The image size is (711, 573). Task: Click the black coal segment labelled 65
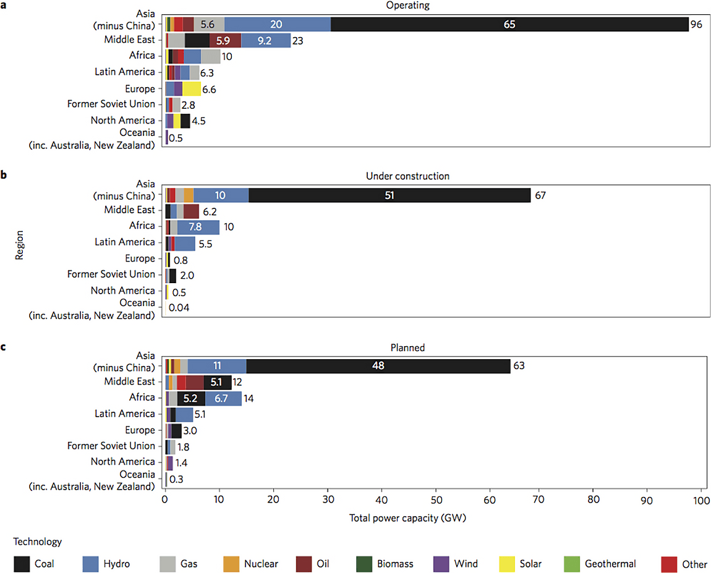(x=509, y=25)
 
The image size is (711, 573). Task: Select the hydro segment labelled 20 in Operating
(x=277, y=25)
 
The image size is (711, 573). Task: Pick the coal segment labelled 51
(x=389, y=195)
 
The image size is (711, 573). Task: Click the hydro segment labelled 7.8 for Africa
(x=198, y=227)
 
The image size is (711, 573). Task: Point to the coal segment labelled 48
(x=378, y=366)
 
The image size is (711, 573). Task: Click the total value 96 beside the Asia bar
(x=697, y=25)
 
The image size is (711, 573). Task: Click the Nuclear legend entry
(x=261, y=564)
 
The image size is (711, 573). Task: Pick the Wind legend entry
(x=466, y=564)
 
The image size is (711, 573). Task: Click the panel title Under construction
(x=407, y=176)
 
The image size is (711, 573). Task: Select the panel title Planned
(x=407, y=347)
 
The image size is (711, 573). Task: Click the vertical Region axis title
(x=19, y=245)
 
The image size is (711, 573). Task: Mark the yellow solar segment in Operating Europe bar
(x=192, y=89)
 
